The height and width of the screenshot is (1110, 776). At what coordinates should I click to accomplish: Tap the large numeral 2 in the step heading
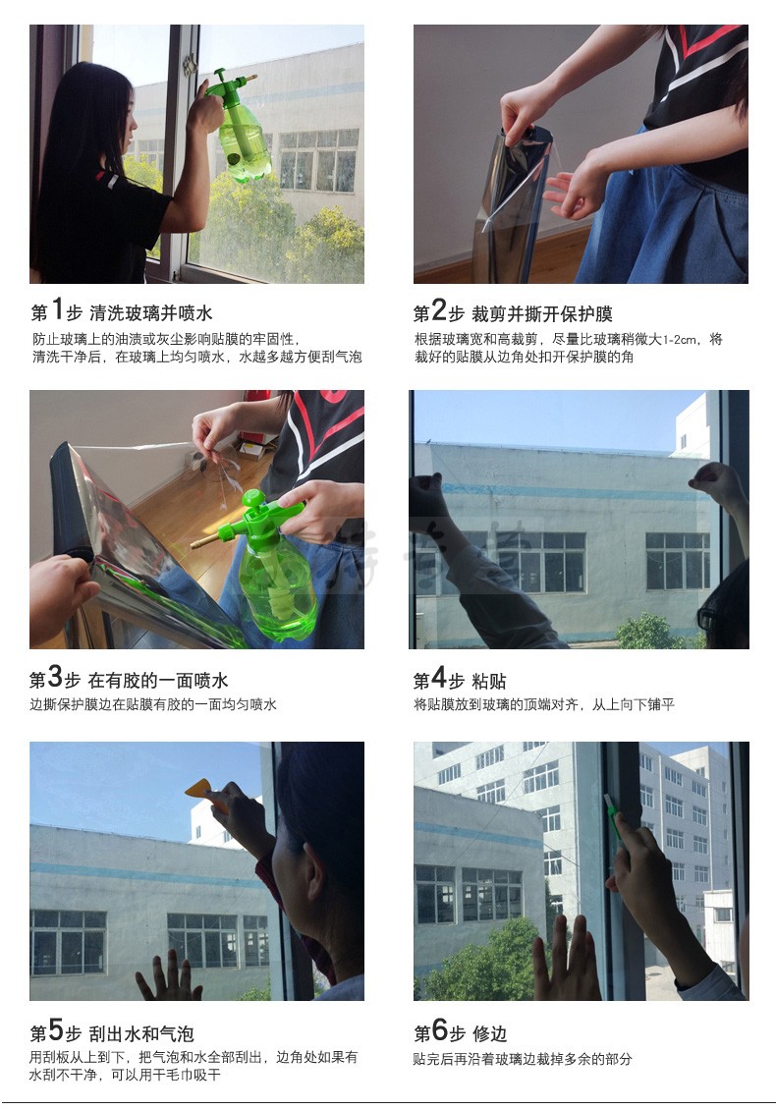pyautogui.click(x=439, y=309)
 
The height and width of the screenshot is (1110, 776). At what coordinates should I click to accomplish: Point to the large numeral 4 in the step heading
pyautogui.click(x=439, y=677)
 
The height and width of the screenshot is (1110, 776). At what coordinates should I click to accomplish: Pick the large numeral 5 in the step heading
pyautogui.click(x=56, y=1029)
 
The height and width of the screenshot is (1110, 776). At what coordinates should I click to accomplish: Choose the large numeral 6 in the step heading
pyautogui.click(x=440, y=1029)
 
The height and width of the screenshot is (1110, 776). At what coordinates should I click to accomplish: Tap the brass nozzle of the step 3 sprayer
pyautogui.click(x=205, y=541)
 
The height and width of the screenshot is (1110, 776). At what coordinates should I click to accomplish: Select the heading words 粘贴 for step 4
pyautogui.click(x=488, y=681)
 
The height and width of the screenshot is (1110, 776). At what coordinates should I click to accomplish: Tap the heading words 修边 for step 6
pyautogui.click(x=489, y=1033)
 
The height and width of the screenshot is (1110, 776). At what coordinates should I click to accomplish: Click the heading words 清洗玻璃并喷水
pyautogui.click(x=151, y=313)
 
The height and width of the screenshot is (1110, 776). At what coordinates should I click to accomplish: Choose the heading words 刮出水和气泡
pyautogui.click(x=140, y=1033)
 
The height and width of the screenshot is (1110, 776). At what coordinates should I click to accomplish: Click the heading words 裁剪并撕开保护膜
pyautogui.click(x=541, y=313)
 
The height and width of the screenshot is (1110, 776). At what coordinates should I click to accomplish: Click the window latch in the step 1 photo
pyautogui.click(x=189, y=65)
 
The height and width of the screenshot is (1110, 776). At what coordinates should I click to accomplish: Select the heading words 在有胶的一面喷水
pyautogui.click(x=158, y=681)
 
